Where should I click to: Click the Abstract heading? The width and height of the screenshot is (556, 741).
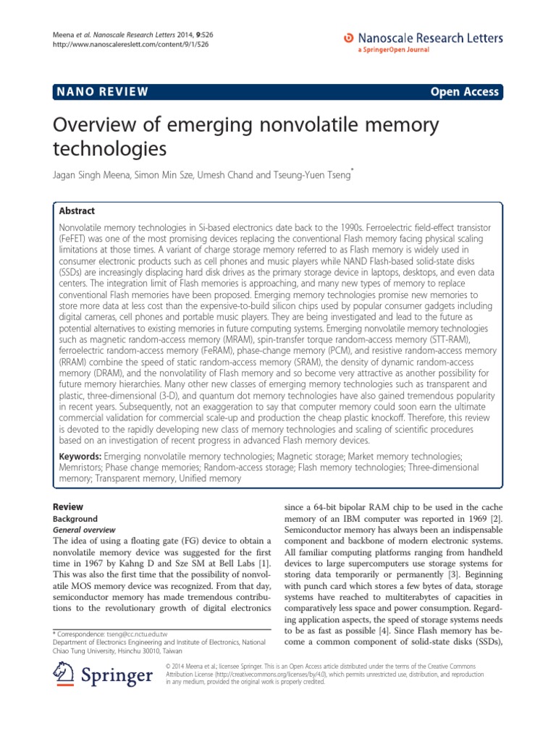(77, 211)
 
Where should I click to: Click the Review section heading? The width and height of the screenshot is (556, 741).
(69, 507)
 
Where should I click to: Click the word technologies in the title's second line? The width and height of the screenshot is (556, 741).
(110, 150)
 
